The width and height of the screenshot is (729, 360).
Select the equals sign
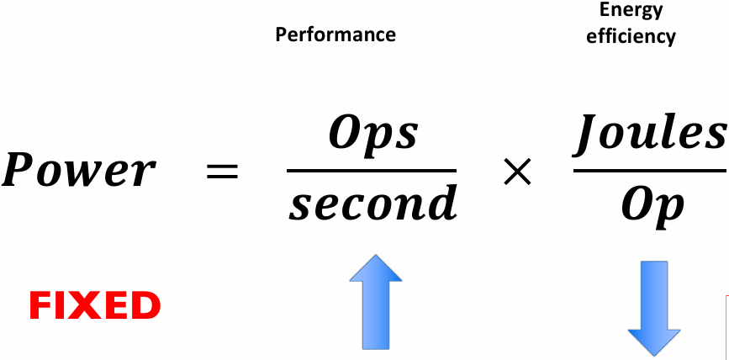click(222, 172)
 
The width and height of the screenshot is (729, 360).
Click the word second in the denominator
click(372, 202)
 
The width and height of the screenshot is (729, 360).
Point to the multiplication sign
click(517, 172)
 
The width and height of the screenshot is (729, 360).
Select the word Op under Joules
click(652, 208)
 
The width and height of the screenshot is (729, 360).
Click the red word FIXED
click(95, 306)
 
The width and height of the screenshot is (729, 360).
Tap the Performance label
click(335, 34)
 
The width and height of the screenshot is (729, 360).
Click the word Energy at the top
click(631, 9)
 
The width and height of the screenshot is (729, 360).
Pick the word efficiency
click(631, 36)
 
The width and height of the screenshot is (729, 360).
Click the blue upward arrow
click(376, 301)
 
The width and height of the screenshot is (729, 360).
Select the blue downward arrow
click(654, 309)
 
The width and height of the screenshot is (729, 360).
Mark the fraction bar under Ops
click(372, 171)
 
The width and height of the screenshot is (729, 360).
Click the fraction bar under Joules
click(651, 171)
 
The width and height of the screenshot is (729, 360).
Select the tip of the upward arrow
click(376, 254)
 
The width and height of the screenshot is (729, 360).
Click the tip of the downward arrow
click(654, 357)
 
